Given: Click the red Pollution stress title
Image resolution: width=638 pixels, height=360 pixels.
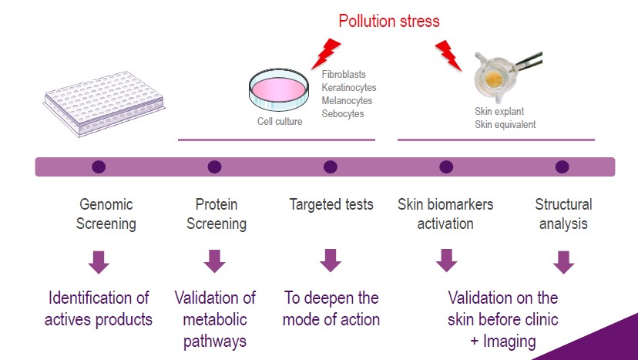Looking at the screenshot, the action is click(x=389, y=21).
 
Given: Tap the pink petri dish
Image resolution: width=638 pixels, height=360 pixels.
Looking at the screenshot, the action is click(x=279, y=90).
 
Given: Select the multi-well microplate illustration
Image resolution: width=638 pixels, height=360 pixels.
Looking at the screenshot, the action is click(x=104, y=103).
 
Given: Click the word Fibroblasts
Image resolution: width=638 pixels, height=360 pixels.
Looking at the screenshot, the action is click(x=344, y=75).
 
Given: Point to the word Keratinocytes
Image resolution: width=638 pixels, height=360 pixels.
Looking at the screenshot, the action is click(x=349, y=88).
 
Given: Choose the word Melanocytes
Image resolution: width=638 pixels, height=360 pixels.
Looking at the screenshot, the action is click(x=347, y=100).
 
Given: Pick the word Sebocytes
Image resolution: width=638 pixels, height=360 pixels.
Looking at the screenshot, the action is click(x=343, y=113).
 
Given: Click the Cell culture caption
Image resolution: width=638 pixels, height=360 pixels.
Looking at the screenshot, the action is click(x=280, y=121).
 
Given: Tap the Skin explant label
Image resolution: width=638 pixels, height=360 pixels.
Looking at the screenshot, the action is click(x=499, y=112).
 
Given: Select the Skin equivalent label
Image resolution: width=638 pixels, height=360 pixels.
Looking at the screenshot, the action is click(x=505, y=125).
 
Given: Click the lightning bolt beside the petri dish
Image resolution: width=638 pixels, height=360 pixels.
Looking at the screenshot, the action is click(x=326, y=53).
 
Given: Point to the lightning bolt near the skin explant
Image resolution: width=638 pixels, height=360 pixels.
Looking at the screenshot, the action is click(x=448, y=56).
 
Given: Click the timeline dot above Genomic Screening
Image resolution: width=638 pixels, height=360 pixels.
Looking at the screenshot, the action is click(x=99, y=167).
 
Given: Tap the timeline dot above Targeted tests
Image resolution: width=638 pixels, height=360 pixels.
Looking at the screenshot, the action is click(x=331, y=167).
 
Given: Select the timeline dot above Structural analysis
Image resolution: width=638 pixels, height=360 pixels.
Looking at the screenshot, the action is click(x=562, y=167).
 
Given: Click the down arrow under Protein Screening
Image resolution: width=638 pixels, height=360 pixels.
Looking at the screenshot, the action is click(x=214, y=261).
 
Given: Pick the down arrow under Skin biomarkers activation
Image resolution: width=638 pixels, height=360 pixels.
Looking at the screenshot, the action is click(x=446, y=261).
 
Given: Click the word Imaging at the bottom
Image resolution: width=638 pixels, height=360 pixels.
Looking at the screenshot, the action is click(x=509, y=341).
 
